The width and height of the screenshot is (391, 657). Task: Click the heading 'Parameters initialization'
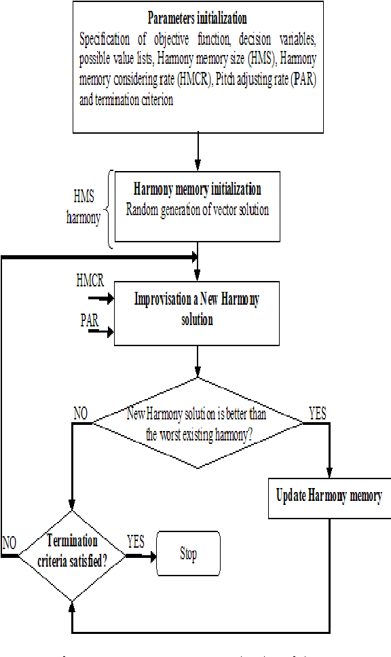click(197, 18)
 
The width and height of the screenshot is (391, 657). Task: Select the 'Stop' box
click(188, 555)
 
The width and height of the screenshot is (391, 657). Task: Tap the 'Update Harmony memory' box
click(329, 495)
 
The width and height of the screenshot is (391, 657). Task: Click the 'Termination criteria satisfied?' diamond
click(71, 550)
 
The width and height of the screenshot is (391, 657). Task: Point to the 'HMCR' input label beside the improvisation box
click(91, 280)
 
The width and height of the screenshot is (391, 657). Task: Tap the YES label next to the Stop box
click(136, 541)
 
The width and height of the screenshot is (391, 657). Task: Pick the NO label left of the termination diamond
click(9, 542)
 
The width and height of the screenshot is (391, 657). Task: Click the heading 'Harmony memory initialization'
click(198, 189)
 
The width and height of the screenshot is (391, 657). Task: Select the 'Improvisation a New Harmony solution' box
click(197, 309)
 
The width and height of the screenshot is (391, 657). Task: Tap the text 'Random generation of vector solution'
click(197, 210)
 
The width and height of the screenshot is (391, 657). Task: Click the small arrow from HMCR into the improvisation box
click(103, 297)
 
